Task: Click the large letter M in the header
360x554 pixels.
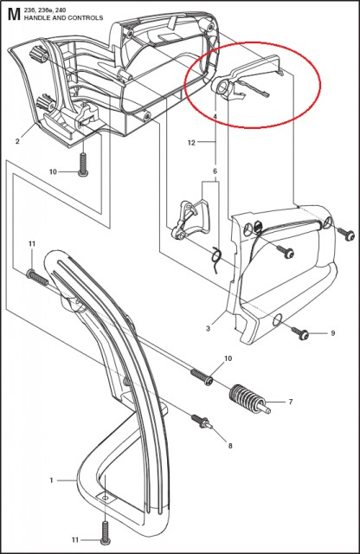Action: tap(12, 14)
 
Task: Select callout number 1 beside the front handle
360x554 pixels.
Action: tap(51, 479)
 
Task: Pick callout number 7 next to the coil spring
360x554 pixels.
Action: tap(290, 402)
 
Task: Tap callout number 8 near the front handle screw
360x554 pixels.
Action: tap(229, 445)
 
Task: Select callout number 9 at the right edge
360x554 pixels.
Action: tap(333, 332)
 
